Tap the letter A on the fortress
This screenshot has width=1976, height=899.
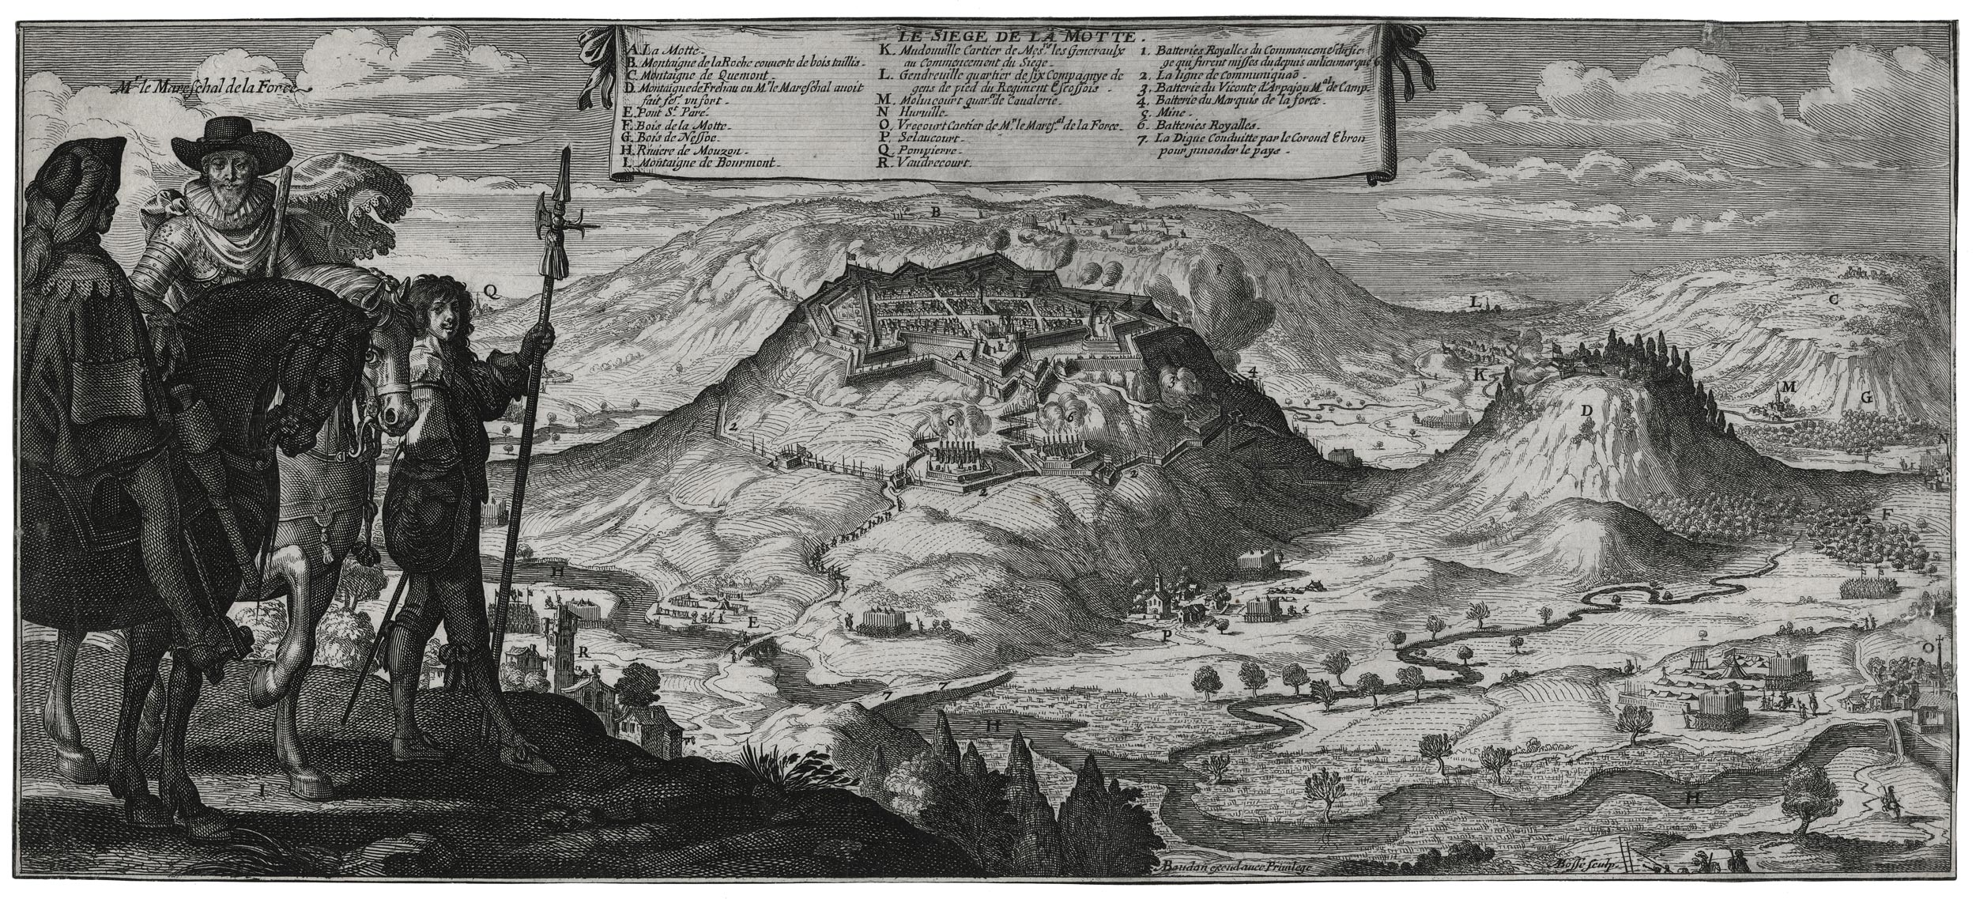[960, 357]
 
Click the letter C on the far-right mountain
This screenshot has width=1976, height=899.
[1834, 300]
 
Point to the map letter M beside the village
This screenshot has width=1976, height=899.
[1806, 387]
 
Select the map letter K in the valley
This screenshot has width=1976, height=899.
[1479, 375]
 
